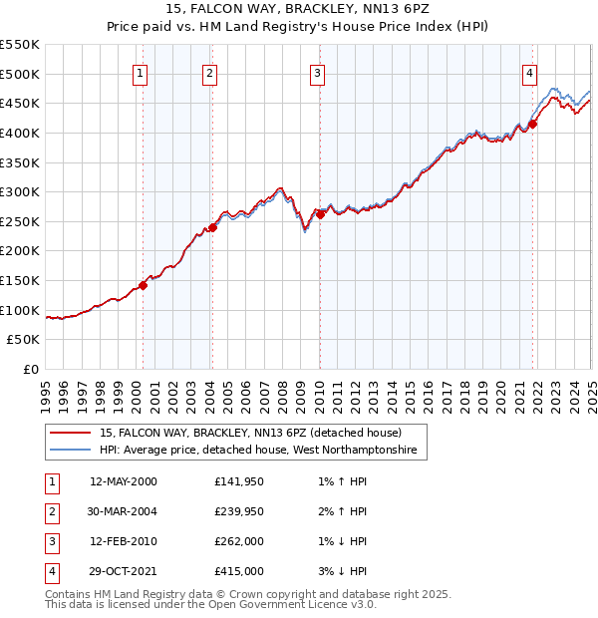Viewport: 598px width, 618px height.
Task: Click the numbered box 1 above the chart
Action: click(x=141, y=73)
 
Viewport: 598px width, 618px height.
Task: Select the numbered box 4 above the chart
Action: click(x=530, y=73)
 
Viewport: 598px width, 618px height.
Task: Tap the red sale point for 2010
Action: click(x=320, y=214)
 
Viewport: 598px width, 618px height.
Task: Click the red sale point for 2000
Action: click(x=143, y=285)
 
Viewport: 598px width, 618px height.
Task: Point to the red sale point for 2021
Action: click(x=532, y=124)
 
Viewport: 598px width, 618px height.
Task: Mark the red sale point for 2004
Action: click(x=212, y=227)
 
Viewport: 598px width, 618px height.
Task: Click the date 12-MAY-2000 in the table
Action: click(x=124, y=482)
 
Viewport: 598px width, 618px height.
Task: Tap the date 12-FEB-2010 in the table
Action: click(x=124, y=541)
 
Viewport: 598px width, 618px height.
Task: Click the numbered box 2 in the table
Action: click(x=51, y=511)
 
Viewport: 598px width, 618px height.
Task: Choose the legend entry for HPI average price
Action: click(x=263, y=452)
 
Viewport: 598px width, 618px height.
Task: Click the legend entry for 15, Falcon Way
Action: click(x=250, y=434)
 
